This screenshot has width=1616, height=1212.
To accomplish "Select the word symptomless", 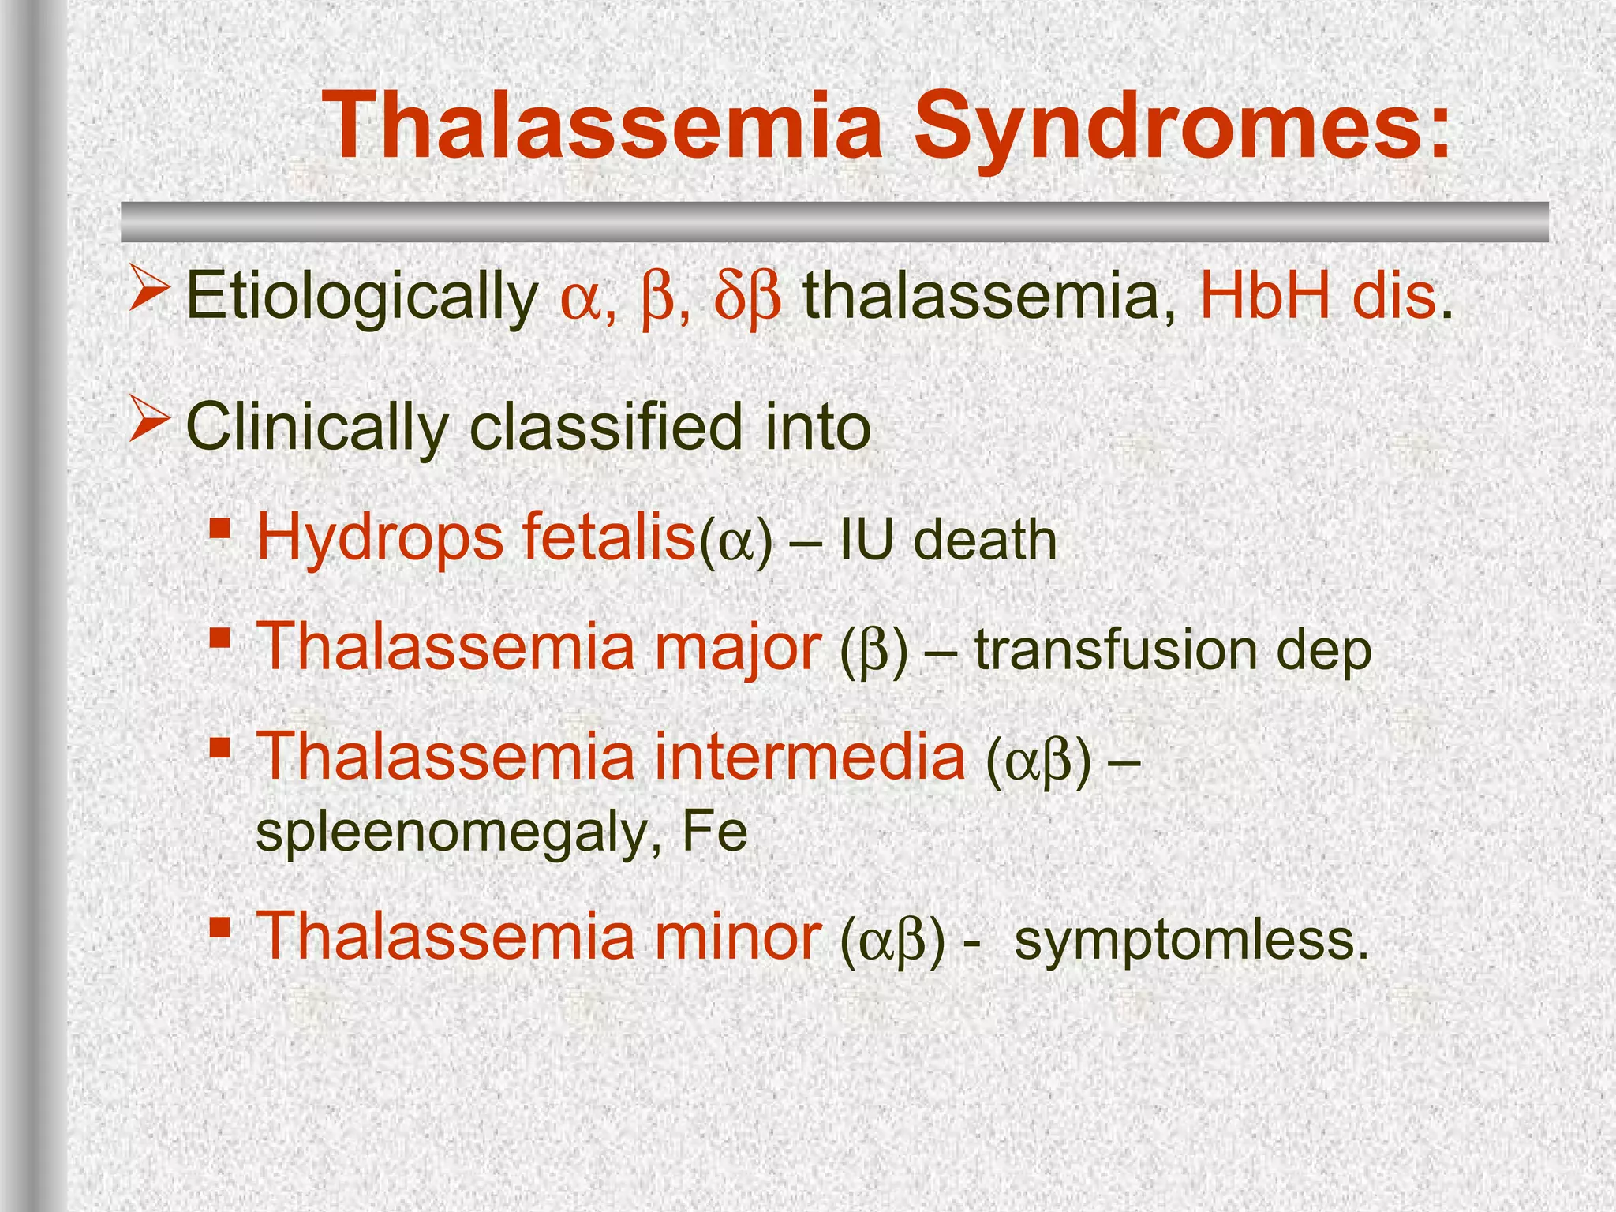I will (x=1191, y=939).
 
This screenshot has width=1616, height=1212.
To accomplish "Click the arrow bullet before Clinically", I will (x=148, y=418).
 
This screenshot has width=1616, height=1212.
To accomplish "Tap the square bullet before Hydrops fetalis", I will (x=220, y=526).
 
